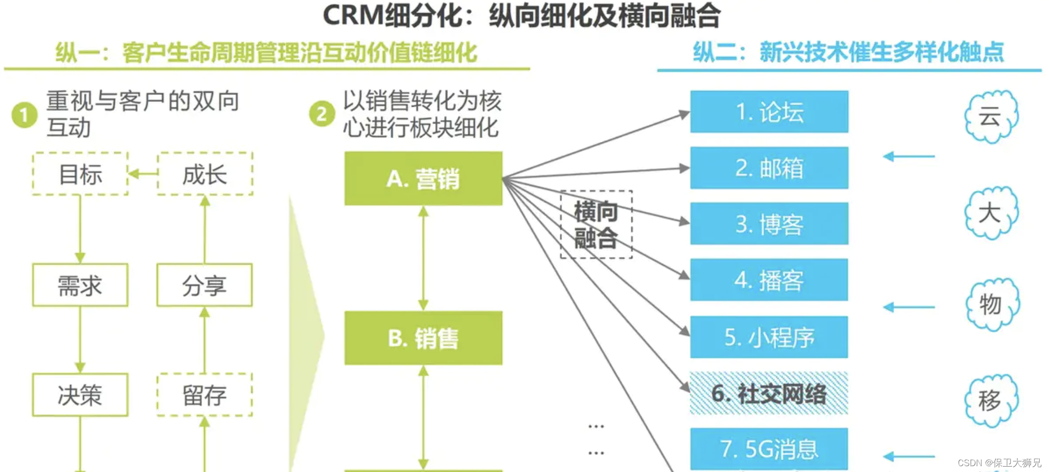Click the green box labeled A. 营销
point(423,178)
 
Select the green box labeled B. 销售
point(423,338)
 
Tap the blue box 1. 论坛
point(769,112)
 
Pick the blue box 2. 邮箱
point(769,168)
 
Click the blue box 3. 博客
point(769,224)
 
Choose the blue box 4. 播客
point(769,280)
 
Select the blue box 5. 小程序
point(769,337)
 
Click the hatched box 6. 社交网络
point(769,393)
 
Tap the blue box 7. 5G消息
point(769,449)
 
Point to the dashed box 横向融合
point(596,224)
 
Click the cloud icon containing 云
point(990,117)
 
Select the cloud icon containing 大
point(990,213)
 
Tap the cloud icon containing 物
point(991,304)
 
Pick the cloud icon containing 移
point(990,400)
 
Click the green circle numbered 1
point(24,115)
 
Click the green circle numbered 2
point(322,114)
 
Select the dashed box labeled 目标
point(81,174)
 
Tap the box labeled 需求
point(81,285)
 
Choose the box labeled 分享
point(204,285)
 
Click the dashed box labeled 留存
point(204,395)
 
